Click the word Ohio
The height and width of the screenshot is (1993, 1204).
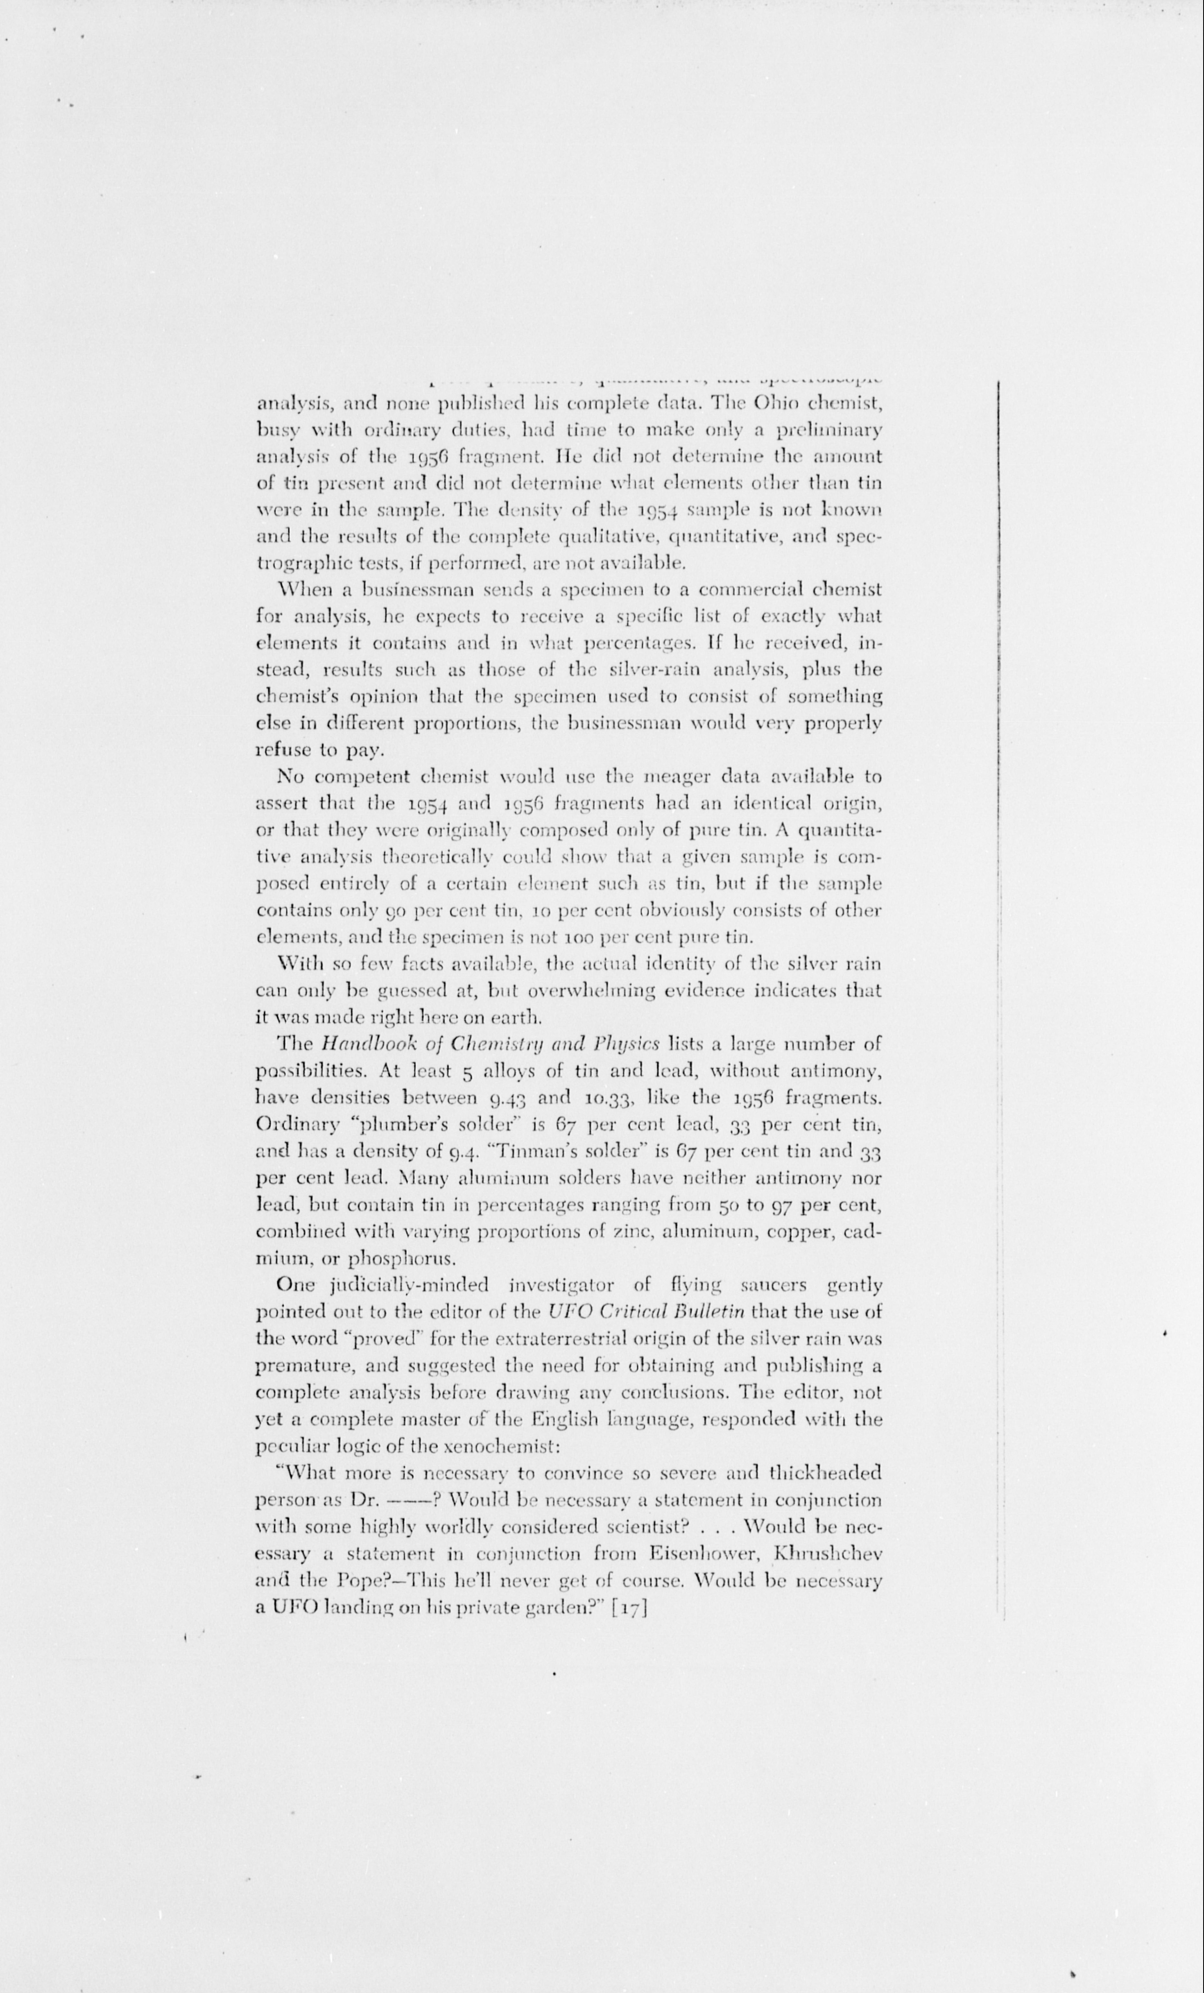[777, 402]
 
